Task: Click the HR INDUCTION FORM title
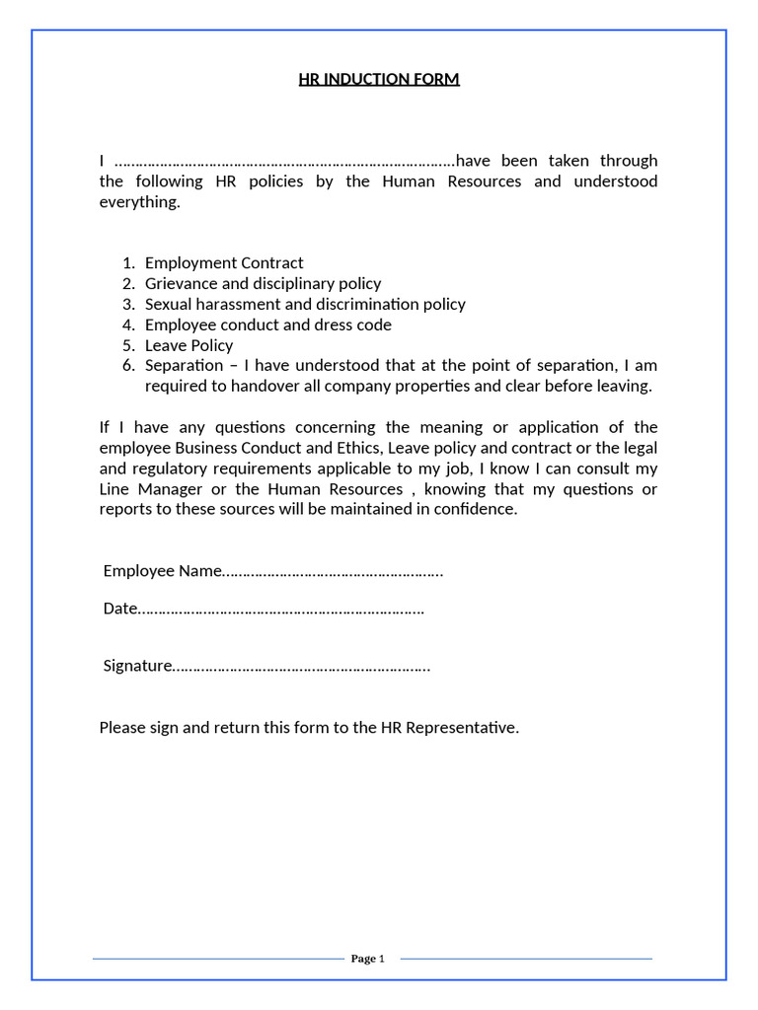pyautogui.click(x=379, y=79)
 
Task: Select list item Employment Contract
pyautogui.click(x=224, y=262)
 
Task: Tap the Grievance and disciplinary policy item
pyautogui.click(x=263, y=283)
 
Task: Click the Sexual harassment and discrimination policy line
pyautogui.click(x=305, y=304)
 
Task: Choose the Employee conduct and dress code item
pyautogui.click(x=267, y=325)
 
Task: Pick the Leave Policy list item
pyautogui.click(x=189, y=345)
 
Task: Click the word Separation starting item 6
pyautogui.click(x=184, y=366)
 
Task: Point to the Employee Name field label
pyautogui.click(x=162, y=571)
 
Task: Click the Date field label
pyautogui.click(x=118, y=609)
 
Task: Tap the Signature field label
pyautogui.click(x=137, y=666)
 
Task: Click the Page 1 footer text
pyautogui.click(x=367, y=959)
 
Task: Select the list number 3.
pyautogui.click(x=128, y=304)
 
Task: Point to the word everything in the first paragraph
pyautogui.click(x=139, y=202)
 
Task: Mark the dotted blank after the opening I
pyautogui.click(x=284, y=161)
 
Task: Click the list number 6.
pyautogui.click(x=128, y=366)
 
